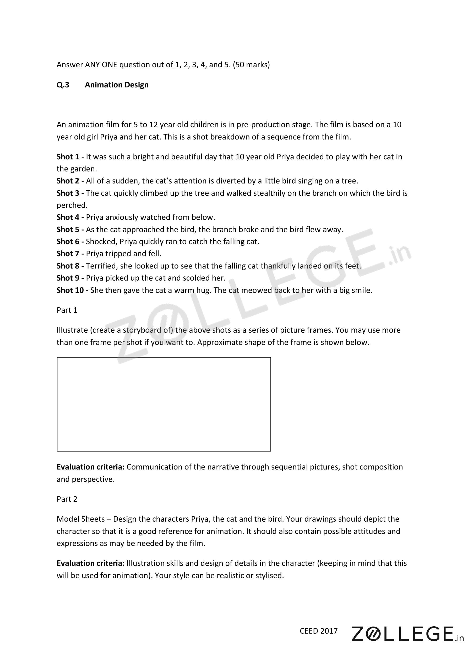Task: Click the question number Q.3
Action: (63, 85)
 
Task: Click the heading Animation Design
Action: (117, 85)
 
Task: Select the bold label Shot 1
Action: (68, 157)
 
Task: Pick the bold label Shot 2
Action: (68, 181)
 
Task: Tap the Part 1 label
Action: (67, 310)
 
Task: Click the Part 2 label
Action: (67, 499)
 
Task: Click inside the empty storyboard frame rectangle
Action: (164, 404)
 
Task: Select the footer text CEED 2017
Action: (318, 631)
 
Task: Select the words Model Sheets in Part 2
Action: (81, 519)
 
